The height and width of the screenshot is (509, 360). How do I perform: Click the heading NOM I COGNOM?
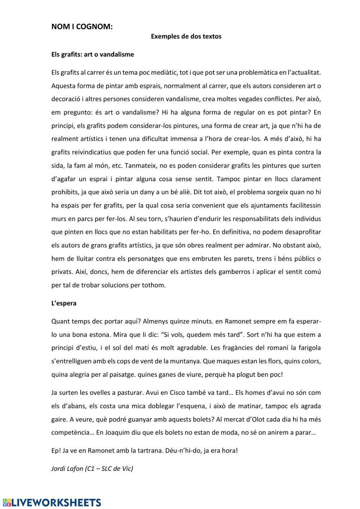coord(82,26)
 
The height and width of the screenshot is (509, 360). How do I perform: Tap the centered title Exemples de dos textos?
coord(186,36)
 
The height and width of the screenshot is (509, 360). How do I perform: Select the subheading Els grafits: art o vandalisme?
coord(93,54)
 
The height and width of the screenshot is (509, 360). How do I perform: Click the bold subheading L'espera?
coord(64,303)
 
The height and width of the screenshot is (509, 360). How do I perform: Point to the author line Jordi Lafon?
coord(92,469)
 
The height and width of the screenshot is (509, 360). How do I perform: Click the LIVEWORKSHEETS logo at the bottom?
coord(51,502)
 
